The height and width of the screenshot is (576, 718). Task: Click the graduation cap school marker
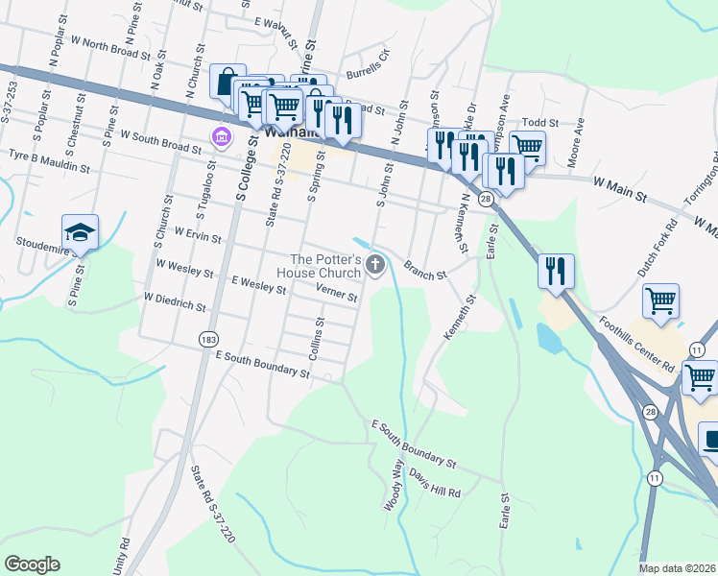click(x=81, y=232)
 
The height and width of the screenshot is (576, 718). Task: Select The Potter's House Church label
click(x=325, y=266)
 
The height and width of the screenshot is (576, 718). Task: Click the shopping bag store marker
click(x=227, y=83)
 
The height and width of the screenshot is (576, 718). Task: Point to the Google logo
click(x=32, y=564)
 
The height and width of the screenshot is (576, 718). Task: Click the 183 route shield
click(x=206, y=340)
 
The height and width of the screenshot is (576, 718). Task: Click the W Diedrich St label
click(x=175, y=301)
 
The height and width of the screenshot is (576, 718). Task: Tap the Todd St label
click(x=539, y=124)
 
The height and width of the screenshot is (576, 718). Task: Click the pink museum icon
click(x=222, y=137)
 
